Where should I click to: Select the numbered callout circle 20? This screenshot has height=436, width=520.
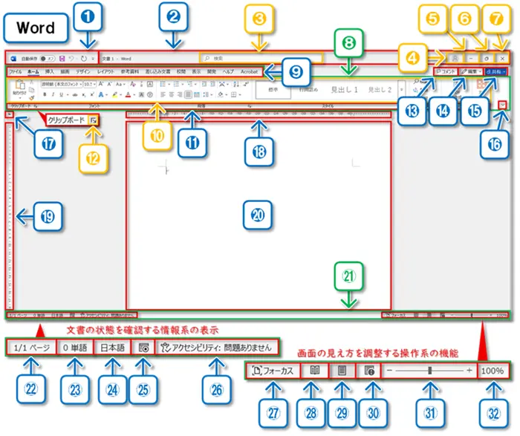coord(257,215)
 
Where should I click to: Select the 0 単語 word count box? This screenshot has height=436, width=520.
coord(74,348)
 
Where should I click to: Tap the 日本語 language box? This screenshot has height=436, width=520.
coord(112,348)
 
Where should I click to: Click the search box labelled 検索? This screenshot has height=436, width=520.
coord(260,57)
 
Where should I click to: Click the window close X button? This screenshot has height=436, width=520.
coord(503,57)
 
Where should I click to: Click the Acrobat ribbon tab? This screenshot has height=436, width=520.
coord(248,72)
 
